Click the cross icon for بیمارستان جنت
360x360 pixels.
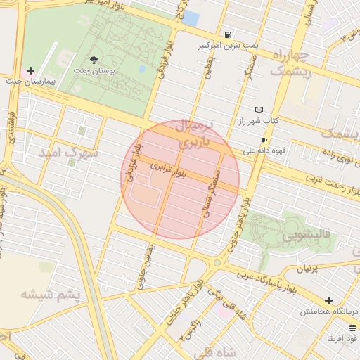(30, 71)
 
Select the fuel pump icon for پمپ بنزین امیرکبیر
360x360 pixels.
(228, 34)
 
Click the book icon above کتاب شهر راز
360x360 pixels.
(259, 110)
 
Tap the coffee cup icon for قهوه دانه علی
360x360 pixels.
(264, 140)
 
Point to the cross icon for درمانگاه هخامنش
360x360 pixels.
(328, 301)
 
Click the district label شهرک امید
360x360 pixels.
(68, 153)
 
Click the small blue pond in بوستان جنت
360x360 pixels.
(143, 69)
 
